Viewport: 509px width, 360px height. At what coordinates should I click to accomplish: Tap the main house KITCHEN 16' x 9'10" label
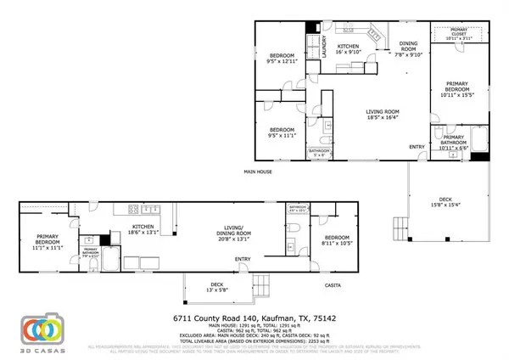tap(350, 49)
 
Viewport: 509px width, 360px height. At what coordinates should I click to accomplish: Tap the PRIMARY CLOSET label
tap(457, 35)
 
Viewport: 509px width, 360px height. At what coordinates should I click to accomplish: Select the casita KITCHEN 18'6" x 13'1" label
tap(143, 230)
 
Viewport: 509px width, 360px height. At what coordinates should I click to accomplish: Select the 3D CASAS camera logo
tap(42, 329)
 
